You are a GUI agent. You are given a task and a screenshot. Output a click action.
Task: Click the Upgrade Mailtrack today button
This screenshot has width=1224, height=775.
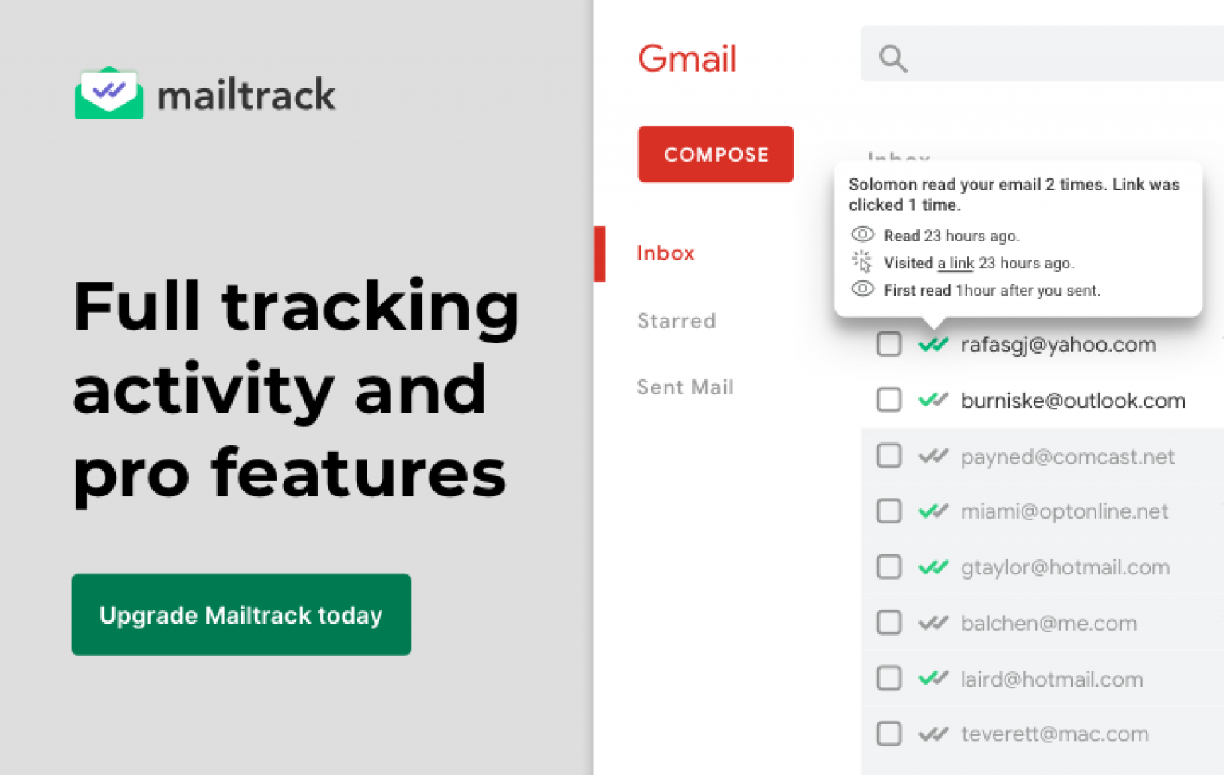pos(241,615)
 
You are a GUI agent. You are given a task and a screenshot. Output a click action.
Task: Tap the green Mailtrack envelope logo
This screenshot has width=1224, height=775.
pos(109,94)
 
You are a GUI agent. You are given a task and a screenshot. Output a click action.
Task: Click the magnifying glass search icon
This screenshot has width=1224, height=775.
pos(892,58)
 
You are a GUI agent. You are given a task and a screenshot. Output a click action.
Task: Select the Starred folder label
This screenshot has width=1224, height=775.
pos(677,321)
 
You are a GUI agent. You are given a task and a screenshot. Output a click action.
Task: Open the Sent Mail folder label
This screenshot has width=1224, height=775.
pos(685,387)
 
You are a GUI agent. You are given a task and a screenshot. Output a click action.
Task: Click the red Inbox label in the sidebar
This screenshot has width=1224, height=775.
pos(665,253)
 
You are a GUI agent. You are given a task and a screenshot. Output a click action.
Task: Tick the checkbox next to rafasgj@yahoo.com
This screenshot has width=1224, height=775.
pos(889,344)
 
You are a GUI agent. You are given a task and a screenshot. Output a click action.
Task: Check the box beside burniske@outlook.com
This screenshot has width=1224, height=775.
pos(889,400)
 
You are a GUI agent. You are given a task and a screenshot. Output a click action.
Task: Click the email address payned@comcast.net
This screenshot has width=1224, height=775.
pos(1067,456)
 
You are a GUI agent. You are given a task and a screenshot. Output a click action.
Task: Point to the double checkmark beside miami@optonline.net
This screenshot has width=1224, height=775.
pos(933,511)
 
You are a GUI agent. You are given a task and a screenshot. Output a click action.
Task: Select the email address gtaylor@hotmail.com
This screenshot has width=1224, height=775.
pos(1065,567)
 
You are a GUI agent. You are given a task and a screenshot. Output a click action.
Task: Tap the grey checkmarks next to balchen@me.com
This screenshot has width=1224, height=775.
pos(933,623)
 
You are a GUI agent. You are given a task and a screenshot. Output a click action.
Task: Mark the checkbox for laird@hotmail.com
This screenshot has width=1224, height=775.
pos(889,679)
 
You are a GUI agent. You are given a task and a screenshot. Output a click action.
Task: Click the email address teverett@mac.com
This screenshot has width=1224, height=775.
pos(1054,734)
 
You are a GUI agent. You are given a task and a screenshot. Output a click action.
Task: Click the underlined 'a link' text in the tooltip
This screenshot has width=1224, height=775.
pos(955,263)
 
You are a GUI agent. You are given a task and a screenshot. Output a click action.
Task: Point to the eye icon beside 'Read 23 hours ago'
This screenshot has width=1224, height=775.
pos(863,235)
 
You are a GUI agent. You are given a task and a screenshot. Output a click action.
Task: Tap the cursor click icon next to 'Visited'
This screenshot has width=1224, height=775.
pos(862,261)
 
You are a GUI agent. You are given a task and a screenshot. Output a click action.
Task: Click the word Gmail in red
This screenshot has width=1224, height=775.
pos(687,59)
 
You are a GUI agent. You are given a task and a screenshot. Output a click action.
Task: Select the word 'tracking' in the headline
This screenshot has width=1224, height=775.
pos(371,307)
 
